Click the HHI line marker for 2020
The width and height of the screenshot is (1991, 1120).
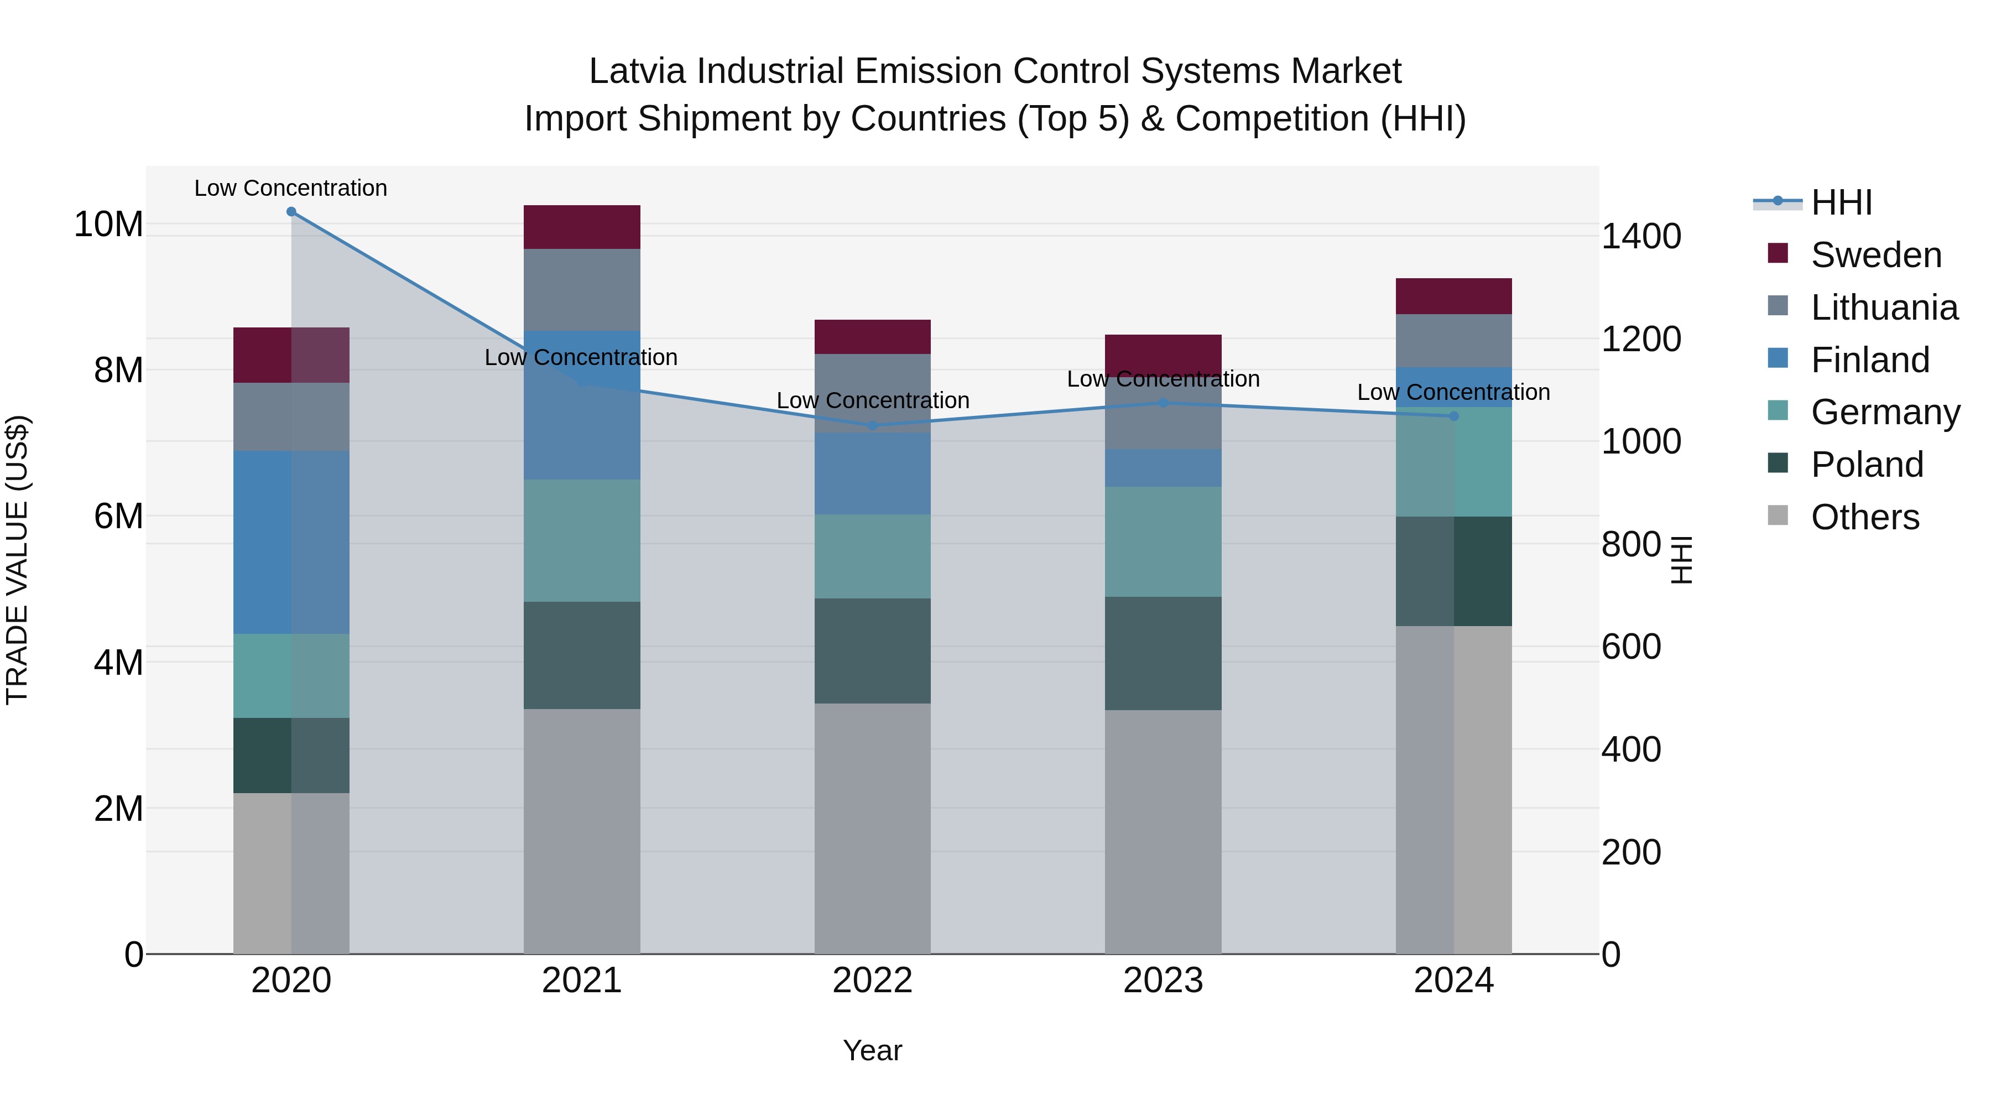coord(291,212)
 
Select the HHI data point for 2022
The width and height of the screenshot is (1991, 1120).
coord(873,425)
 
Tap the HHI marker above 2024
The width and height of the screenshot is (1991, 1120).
coord(1454,416)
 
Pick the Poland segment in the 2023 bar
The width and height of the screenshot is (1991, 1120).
coord(1163,653)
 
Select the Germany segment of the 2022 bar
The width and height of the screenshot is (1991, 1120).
coord(873,556)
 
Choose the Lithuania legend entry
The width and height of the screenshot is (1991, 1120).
coord(1884,307)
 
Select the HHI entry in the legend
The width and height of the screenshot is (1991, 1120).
coord(1841,202)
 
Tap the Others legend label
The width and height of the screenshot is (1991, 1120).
coord(1865,517)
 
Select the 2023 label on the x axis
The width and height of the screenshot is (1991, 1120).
coord(1163,981)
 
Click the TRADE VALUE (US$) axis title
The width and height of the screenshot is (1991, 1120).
coord(17,560)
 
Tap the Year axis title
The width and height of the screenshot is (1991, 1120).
coord(873,1050)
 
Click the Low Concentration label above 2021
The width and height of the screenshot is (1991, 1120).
coord(581,357)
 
